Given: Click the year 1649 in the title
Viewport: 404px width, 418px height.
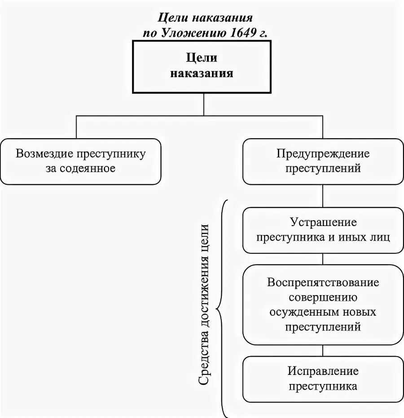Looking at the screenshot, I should point(243,32).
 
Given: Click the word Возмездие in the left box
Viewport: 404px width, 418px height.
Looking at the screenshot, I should point(44,154).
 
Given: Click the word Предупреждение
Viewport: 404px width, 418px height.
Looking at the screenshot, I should point(323,154).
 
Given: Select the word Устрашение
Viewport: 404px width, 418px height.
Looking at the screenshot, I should point(323,222).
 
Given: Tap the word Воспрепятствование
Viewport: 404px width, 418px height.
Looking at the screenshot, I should point(323,283).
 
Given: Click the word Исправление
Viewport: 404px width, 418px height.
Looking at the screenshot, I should point(323,371).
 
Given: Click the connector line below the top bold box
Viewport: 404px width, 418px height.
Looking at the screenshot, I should point(204,104).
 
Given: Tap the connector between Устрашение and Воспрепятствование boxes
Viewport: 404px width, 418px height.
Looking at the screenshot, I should point(323,259).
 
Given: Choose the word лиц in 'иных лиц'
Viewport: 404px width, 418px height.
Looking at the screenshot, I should point(380,237).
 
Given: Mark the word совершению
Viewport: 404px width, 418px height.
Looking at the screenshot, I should point(323,297).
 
